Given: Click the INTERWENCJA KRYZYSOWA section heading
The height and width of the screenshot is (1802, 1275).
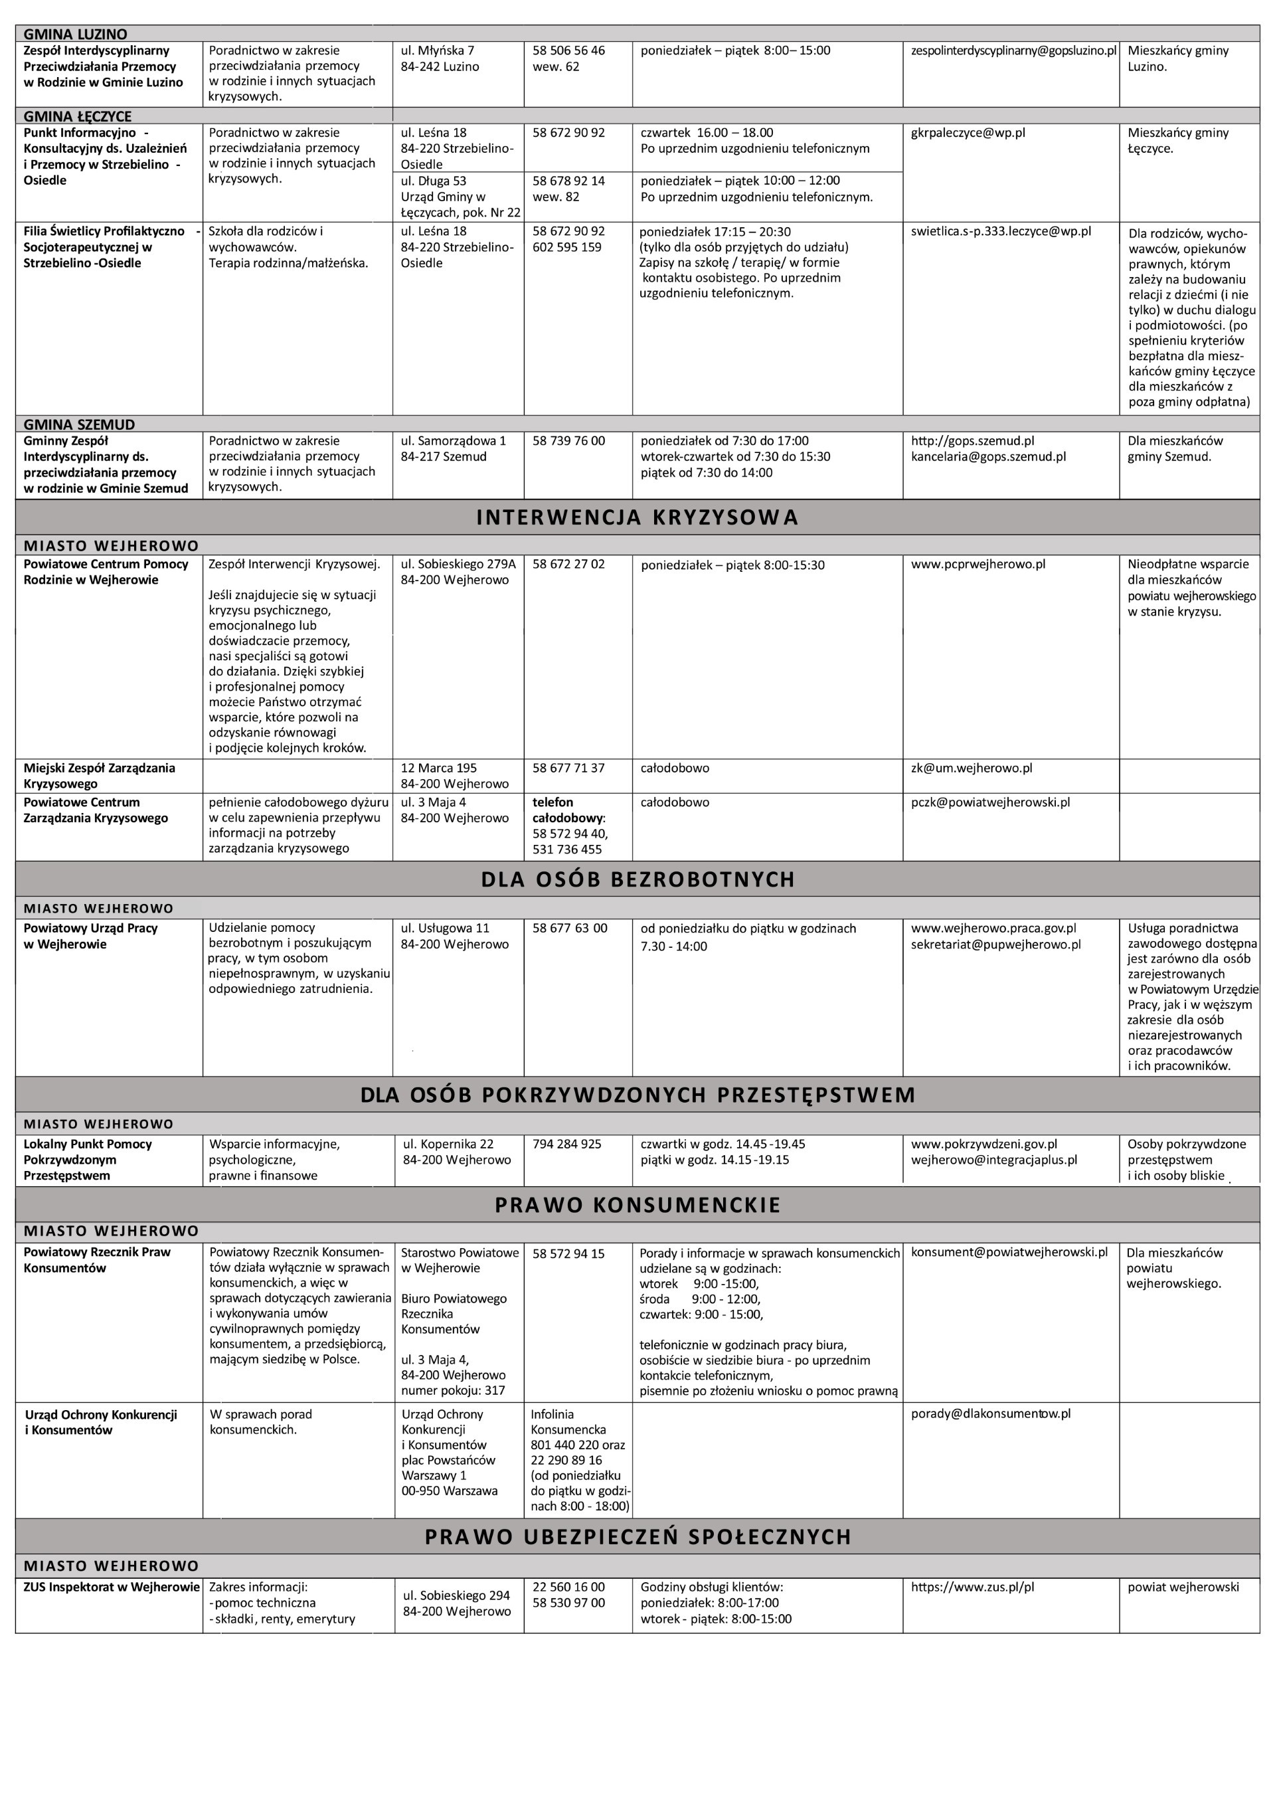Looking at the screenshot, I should tap(637, 517).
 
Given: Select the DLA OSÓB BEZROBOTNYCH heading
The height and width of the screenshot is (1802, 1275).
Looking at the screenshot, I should tap(637, 879).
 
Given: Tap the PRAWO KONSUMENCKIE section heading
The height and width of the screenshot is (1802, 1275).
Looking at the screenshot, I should tap(637, 1206).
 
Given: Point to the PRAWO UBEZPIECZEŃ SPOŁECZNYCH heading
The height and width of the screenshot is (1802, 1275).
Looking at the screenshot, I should tap(637, 1536).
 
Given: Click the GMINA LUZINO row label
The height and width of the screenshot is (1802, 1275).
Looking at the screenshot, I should tap(75, 34).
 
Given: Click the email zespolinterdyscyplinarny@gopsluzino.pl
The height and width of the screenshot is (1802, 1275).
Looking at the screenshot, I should tap(1013, 51).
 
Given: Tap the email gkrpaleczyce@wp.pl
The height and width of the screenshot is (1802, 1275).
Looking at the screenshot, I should tap(968, 134).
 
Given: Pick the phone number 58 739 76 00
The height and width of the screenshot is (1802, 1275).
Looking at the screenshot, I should tap(568, 441).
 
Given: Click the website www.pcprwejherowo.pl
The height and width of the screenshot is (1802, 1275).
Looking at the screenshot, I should tap(977, 565).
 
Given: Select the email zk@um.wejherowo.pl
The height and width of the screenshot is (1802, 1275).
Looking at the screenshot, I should tap(971, 768).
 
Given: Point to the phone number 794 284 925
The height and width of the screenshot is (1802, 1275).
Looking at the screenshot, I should tap(567, 1144).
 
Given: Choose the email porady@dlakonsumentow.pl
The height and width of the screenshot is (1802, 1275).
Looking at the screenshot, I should tap(991, 1413).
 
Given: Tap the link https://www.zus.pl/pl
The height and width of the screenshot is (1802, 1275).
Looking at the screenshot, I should tap(972, 1587).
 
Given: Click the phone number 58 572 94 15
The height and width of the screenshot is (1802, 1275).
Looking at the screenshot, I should tap(568, 1254).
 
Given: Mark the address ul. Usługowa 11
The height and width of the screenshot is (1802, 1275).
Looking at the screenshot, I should tap(444, 928).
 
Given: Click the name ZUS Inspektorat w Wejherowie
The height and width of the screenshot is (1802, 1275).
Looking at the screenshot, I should tap(112, 1587).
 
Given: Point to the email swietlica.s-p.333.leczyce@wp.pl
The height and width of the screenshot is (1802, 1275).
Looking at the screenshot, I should tap(1000, 232).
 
